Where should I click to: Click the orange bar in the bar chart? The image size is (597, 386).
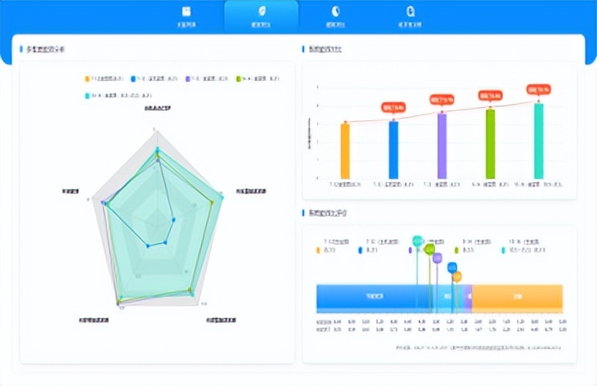pos(345,150)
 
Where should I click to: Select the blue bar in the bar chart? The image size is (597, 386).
pos(393,150)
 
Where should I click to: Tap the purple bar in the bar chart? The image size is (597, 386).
pos(442,146)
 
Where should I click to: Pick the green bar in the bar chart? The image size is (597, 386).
pos(490,144)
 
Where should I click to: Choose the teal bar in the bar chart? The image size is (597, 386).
pos(538,141)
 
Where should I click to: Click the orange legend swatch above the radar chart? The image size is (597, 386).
pos(87,79)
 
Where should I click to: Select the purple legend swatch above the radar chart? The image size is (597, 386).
pos(188,79)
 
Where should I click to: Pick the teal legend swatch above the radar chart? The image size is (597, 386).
pos(87,95)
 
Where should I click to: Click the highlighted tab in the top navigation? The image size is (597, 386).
pos(261,16)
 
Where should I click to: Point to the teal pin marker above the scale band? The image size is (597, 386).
pos(418,241)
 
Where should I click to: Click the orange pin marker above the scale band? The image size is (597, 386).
pos(457,276)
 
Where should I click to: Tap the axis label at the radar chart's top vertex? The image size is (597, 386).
pos(157,108)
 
